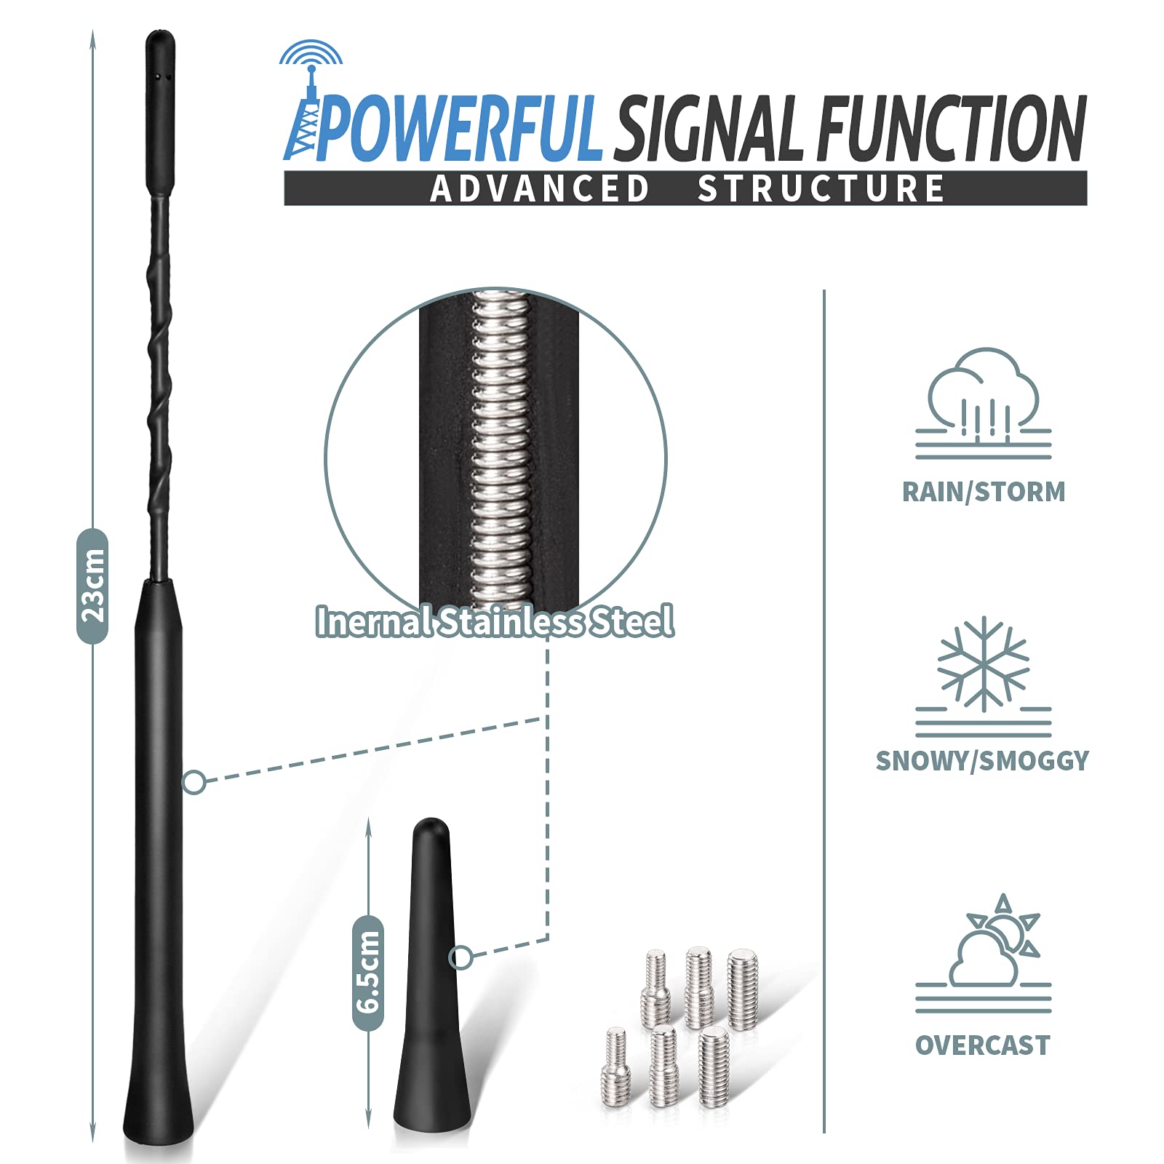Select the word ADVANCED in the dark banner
point(539,188)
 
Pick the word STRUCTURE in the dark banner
point(821,188)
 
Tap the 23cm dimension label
point(92,586)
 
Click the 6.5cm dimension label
point(368,973)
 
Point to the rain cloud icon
point(984,403)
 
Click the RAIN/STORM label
point(984,492)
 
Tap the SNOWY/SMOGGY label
point(982,761)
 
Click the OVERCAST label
point(983,1045)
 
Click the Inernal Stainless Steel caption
point(495,621)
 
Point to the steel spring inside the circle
point(501,451)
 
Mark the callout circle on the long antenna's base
point(194,783)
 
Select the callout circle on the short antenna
point(461,957)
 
